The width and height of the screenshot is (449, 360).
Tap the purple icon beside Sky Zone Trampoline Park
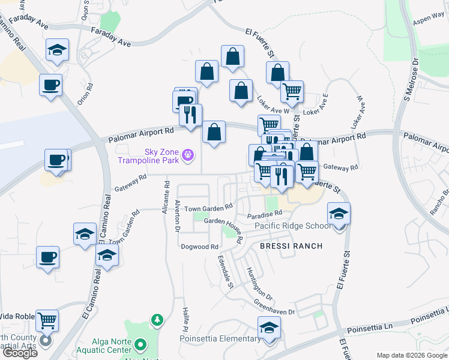pyautogui.click(x=188, y=156)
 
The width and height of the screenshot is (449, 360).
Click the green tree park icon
pyautogui.click(x=157, y=320)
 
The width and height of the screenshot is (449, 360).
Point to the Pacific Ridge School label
pyautogui.click(x=292, y=226)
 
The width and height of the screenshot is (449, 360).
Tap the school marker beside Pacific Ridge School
pyautogui.click(x=339, y=214)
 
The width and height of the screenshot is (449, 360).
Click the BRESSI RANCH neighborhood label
pyautogui.click(x=291, y=246)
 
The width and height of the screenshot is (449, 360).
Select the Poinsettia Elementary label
pyautogui.click(x=220, y=338)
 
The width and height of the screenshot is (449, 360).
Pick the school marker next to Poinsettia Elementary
pyautogui.click(x=269, y=328)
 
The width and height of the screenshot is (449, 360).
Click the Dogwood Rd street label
pyautogui.click(x=200, y=247)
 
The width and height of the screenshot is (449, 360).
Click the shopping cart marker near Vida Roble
pyautogui.click(x=46, y=320)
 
